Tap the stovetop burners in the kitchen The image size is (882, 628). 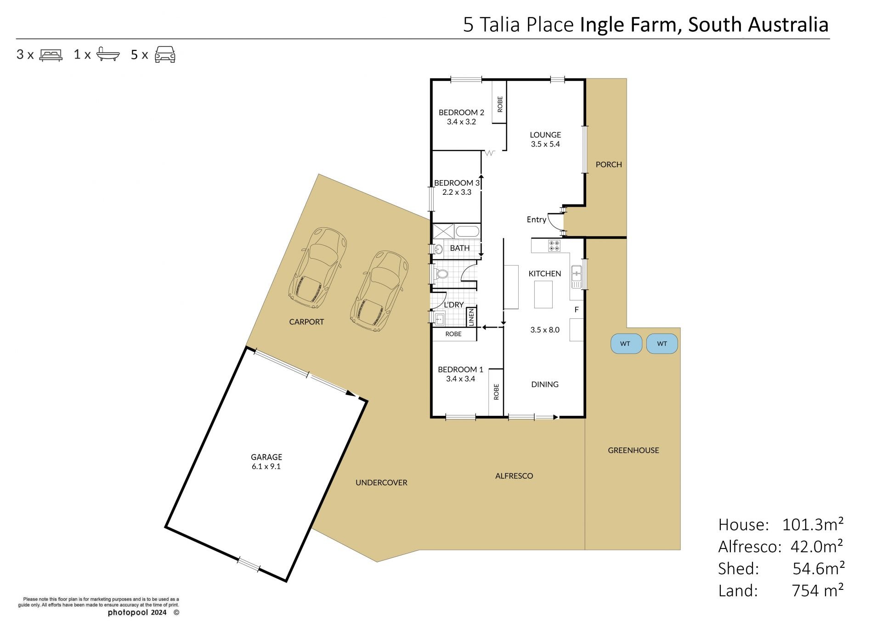554,245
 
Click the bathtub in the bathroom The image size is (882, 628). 468,231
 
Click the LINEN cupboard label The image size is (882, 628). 471,317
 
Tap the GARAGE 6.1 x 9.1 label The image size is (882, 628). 266,461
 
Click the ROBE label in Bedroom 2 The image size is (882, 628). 500,104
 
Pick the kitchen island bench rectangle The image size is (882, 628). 543,294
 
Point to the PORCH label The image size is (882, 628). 609,164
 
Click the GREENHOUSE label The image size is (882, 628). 633,450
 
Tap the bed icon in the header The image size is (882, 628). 51,55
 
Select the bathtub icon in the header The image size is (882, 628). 108,54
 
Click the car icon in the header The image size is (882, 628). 165,54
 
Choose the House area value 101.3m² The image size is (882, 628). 813,524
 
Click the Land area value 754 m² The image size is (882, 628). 818,590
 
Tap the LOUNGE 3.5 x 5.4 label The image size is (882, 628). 545,139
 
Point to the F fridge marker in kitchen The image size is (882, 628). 577,310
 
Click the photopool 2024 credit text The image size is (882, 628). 137,612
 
